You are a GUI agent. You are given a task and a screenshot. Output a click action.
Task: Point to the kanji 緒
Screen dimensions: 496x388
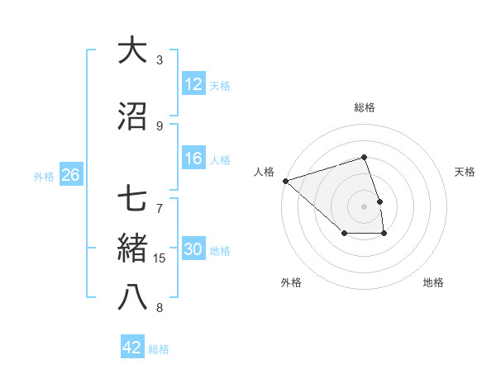pyautogui.click(x=132, y=248)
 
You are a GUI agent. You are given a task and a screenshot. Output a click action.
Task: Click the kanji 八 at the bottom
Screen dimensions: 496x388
pyautogui.click(x=132, y=297)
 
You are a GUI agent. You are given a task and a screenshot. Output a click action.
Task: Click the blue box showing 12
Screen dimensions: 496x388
pyautogui.click(x=193, y=84)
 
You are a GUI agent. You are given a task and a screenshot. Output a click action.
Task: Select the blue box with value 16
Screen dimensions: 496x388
pyautogui.click(x=193, y=159)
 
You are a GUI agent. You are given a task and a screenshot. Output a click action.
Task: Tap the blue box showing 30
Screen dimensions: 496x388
pyautogui.click(x=193, y=250)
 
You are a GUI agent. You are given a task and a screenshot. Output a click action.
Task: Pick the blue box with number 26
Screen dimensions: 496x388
pyautogui.click(x=70, y=175)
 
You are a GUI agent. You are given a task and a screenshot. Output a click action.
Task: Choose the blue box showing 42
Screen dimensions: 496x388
pyautogui.click(x=132, y=348)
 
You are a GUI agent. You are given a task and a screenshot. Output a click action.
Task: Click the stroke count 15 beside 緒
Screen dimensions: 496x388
pyautogui.click(x=160, y=258)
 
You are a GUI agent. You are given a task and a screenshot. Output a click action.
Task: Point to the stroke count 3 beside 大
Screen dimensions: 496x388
pyautogui.click(x=160, y=59)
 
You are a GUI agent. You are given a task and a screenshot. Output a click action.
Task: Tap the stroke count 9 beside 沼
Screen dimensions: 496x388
pyautogui.click(x=160, y=125)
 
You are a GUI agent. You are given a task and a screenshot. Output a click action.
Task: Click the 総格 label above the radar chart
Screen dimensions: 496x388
pyautogui.click(x=364, y=107)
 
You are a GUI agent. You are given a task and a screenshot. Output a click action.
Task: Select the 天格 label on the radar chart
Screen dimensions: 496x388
pyautogui.click(x=465, y=172)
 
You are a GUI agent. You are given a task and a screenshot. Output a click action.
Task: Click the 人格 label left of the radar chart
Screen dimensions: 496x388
pyautogui.click(x=265, y=172)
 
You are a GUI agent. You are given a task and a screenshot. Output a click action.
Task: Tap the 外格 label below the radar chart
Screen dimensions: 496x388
pyautogui.click(x=291, y=282)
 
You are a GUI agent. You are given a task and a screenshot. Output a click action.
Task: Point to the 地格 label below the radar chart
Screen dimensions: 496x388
pyautogui.click(x=433, y=282)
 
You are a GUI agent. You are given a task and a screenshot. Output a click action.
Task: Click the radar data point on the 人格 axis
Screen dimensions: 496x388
pyautogui.click(x=285, y=180)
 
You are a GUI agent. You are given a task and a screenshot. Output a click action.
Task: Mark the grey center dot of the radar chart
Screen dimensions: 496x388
pyautogui.click(x=364, y=206)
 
